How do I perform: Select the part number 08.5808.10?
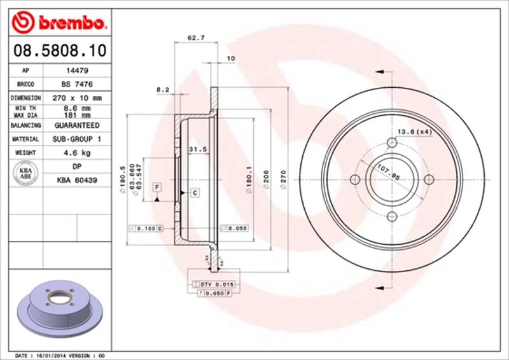coord(57,49)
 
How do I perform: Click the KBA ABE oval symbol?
coord(26,172)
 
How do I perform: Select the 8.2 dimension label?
coord(162,90)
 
